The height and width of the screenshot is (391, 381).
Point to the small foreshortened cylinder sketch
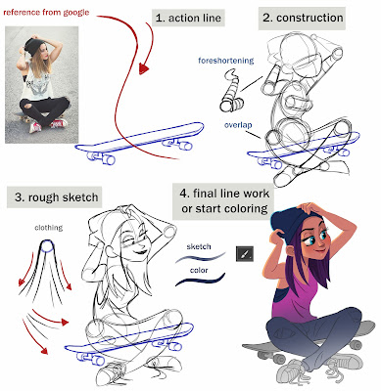pos(231,96)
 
